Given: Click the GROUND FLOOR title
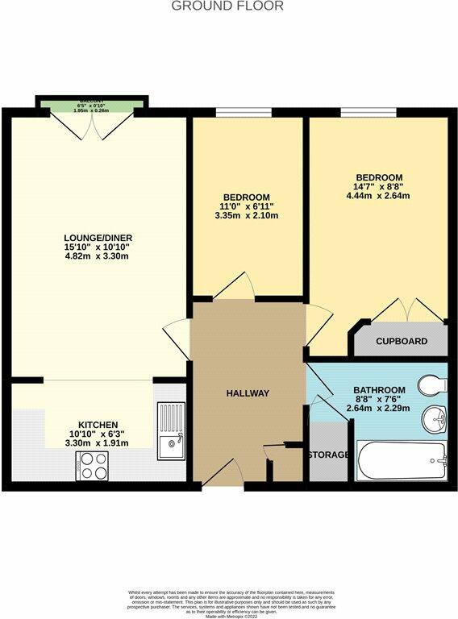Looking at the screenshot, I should pos(228,6).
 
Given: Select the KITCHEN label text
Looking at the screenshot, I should pos(98,425).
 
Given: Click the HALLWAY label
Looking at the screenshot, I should pos(248,393).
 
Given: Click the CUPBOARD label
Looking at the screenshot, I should pos(402,342).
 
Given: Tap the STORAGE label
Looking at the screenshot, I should pos(328,455).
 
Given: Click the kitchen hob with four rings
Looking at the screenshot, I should pos(93,465).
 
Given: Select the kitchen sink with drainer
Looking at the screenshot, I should pos(171,431).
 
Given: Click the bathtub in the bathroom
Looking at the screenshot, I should pos(401,460).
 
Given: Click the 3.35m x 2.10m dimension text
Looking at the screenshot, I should pos(246,216).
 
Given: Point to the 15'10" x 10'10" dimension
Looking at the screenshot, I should pos(97,247).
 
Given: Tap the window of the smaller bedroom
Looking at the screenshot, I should pos(233,113).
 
